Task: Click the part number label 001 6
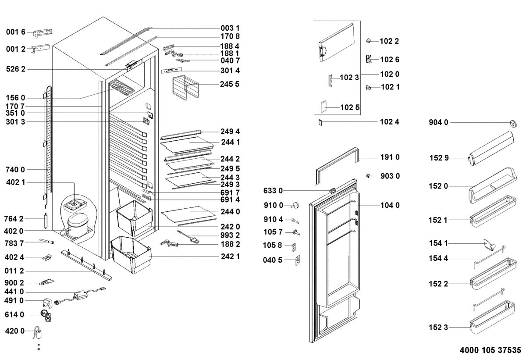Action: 16,32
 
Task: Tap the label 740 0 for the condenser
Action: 16,169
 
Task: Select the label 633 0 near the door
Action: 273,191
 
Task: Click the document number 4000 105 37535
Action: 490,351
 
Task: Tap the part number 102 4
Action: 390,122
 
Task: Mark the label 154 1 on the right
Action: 438,243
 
